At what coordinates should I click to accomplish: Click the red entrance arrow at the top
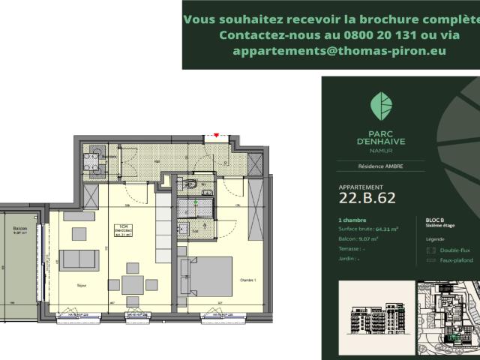[x=217, y=135]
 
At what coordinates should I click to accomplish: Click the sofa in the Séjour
[x=80, y=259]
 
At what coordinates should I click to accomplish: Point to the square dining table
[x=133, y=285]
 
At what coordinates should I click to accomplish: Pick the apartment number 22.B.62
[x=367, y=198]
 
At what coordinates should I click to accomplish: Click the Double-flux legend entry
[x=453, y=250]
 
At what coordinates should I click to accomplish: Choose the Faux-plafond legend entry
[x=454, y=259]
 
